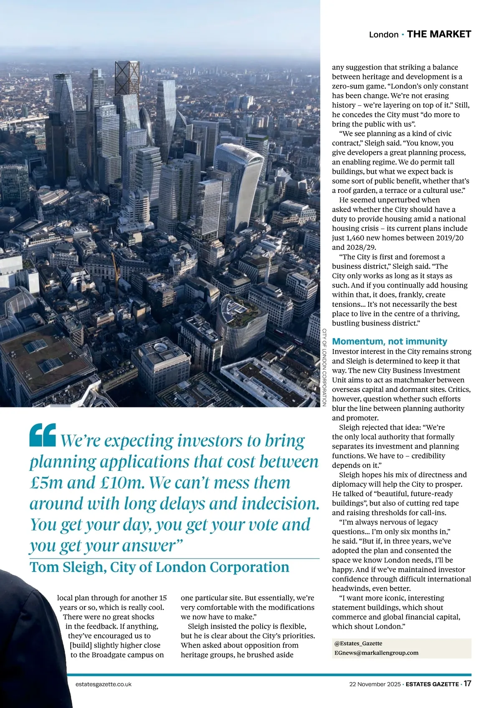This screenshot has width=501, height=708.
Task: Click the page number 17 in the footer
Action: click(x=467, y=684)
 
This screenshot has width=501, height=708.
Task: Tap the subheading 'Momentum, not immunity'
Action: click(x=389, y=341)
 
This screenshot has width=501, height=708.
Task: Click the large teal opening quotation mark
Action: click(x=43, y=435)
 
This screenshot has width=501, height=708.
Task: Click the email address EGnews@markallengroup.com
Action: click(x=376, y=653)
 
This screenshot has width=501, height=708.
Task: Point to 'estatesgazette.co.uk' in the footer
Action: click(x=104, y=684)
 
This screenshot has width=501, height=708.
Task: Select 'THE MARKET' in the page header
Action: click(x=439, y=34)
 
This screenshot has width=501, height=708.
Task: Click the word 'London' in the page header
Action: click(x=384, y=35)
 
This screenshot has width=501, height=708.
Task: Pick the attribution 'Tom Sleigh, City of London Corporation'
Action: click(x=159, y=567)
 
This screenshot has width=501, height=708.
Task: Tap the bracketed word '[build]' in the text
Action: click(x=81, y=645)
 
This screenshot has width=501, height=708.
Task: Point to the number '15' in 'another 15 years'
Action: click(x=163, y=598)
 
